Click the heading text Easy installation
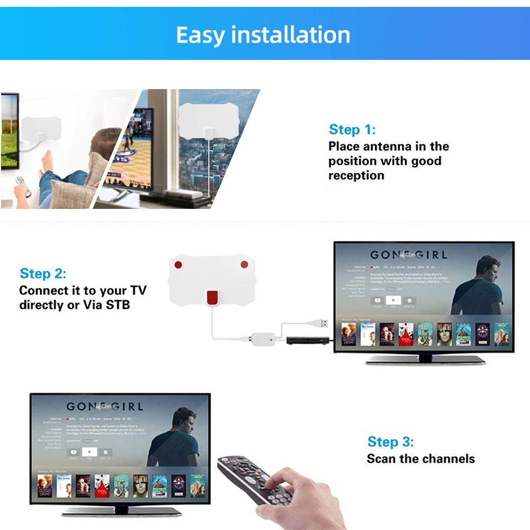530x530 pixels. tap(263, 35)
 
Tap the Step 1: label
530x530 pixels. tap(352, 129)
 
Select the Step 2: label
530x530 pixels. tap(43, 274)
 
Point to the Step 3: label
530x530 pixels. tap(391, 441)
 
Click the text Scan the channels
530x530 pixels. tap(421, 458)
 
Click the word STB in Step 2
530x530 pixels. tap(118, 305)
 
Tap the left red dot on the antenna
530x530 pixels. tap(179, 264)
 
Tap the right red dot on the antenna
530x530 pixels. tap(244, 264)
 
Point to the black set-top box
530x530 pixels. tap(302, 340)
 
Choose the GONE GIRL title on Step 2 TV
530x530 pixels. tap(408, 255)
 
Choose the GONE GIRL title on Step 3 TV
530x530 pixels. tap(104, 407)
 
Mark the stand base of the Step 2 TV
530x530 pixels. tap(425, 360)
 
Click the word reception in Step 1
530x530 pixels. tap(356, 175)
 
